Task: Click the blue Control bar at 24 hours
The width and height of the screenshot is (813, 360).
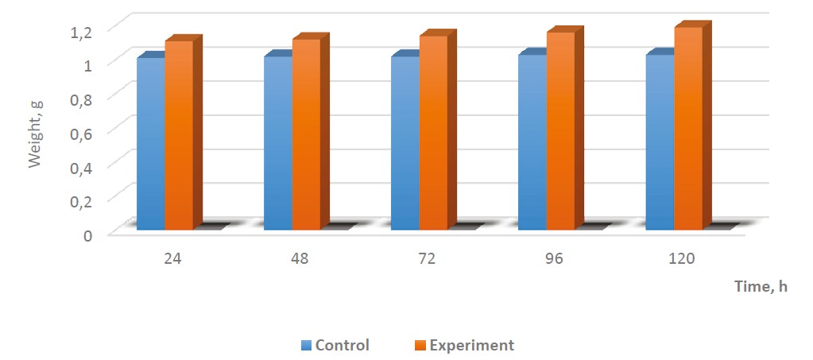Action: [150, 143]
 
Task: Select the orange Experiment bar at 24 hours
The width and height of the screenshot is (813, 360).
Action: [179, 135]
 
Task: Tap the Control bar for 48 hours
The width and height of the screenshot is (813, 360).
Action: [277, 143]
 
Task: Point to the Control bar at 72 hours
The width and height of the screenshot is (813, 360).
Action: [405, 143]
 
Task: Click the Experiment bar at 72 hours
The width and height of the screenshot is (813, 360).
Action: [433, 133]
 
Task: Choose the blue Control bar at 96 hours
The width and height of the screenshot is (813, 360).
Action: [532, 142]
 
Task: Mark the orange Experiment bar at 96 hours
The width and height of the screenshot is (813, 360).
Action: [560, 131]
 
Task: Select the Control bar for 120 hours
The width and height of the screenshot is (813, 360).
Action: [660, 142]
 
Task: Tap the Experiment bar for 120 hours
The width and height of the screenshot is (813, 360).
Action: [688, 128]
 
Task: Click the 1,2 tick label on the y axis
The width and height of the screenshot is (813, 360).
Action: [82, 30]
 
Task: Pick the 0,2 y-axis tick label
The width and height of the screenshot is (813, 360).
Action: [82, 200]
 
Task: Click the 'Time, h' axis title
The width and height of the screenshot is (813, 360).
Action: [760, 287]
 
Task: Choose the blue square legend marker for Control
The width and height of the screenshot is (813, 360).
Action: [306, 346]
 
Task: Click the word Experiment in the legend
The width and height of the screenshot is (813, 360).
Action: [471, 346]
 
